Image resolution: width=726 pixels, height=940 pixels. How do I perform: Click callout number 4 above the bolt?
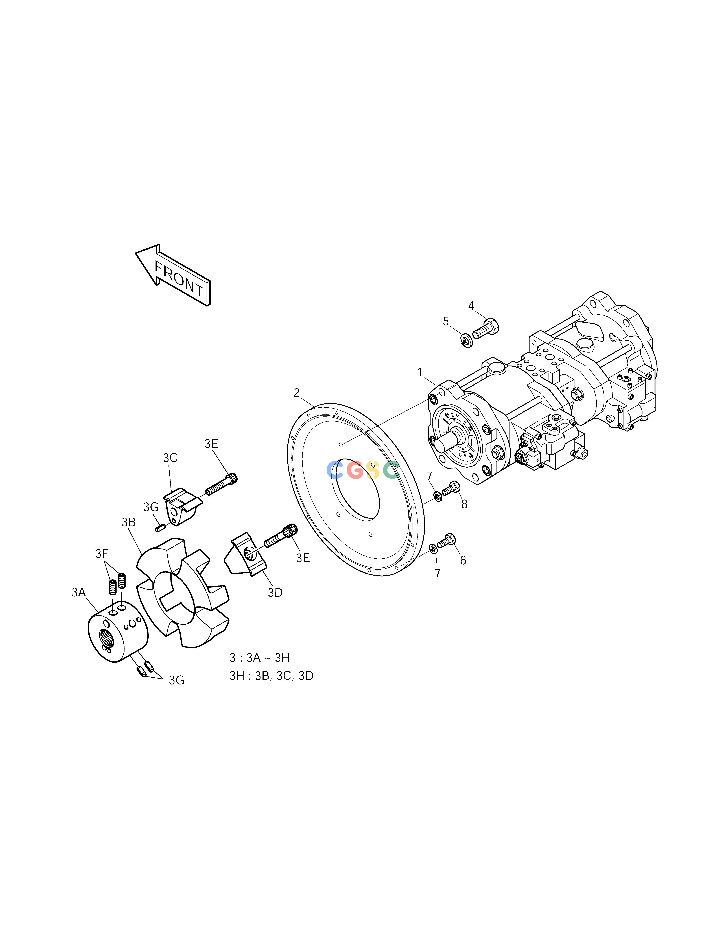tap(471, 306)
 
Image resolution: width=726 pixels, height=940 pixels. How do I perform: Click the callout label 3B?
tap(129, 522)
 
